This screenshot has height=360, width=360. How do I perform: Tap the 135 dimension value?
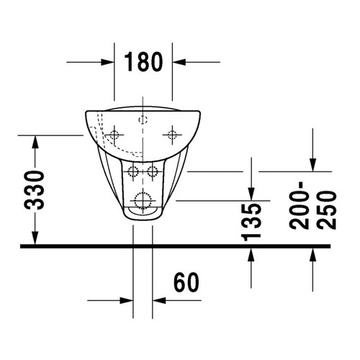[251, 221]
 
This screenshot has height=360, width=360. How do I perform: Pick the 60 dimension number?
[186, 283]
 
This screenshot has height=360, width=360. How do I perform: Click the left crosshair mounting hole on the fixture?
[114, 135]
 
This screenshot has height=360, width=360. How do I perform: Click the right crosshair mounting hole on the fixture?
[172, 135]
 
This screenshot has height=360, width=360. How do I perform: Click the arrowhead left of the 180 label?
[108, 63]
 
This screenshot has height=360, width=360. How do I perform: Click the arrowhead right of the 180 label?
[179, 63]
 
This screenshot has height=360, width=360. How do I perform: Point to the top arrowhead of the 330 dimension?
[35, 140]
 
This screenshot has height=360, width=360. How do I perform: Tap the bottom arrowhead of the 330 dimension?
[35, 240]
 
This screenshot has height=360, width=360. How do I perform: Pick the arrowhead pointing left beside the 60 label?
[160, 300]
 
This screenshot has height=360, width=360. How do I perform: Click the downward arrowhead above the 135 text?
[250, 192]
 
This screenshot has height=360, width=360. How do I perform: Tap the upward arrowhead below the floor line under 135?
[250, 253]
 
